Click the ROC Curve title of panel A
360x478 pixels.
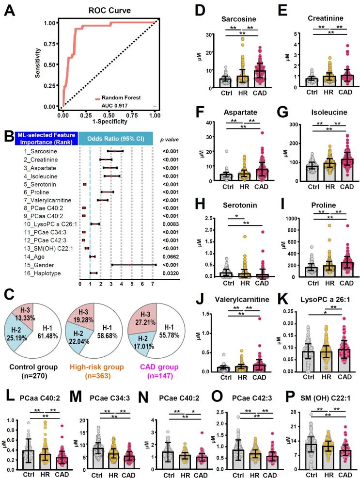click(x=110, y=10)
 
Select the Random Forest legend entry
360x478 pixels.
click(x=118, y=98)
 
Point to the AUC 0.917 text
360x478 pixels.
click(x=114, y=106)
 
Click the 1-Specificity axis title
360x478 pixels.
click(x=110, y=121)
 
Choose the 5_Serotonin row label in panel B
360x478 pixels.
click(x=40, y=184)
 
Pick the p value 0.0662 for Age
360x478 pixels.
click(x=171, y=256)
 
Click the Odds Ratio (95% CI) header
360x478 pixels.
click(x=115, y=139)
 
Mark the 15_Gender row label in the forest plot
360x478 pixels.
click(x=39, y=265)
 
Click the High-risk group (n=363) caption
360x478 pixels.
click(x=96, y=371)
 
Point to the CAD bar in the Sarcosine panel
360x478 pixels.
click(x=260, y=79)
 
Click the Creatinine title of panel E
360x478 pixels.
click(x=325, y=18)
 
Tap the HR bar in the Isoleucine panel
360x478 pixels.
click(x=330, y=172)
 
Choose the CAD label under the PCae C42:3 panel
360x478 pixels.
click(x=270, y=475)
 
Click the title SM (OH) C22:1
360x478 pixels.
click(x=325, y=398)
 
